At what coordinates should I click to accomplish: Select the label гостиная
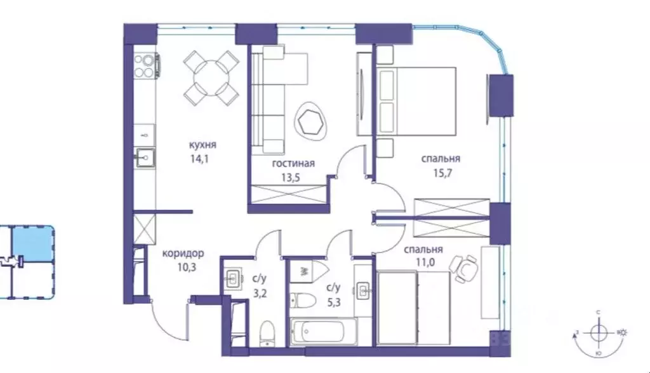[x=293, y=163]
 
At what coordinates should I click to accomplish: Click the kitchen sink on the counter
[x=144, y=156]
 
